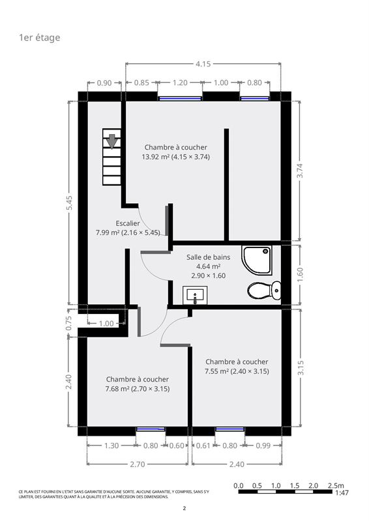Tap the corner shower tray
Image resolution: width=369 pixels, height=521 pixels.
[257, 260]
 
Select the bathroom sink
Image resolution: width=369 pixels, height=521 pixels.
[195, 295]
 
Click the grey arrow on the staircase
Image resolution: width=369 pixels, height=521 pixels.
[112, 141]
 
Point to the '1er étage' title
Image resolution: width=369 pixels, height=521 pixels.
[40, 38]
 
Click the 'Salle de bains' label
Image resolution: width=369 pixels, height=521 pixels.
[208, 257]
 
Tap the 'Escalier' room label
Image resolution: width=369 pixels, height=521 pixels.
[128, 223]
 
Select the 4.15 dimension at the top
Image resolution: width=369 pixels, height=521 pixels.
[203, 63]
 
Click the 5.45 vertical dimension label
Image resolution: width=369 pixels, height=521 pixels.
[69, 203]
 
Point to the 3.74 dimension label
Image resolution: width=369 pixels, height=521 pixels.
[300, 171]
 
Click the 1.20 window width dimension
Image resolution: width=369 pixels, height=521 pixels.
[180, 83]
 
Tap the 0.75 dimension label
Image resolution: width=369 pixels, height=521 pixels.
[68, 322]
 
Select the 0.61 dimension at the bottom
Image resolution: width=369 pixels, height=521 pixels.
[203, 445]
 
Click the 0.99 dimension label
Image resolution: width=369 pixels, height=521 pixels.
[263, 445]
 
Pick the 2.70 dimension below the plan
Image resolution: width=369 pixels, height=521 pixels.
[137, 464]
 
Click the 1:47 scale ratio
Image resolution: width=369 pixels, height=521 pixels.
[342, 492]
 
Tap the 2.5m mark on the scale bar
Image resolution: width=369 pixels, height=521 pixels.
[336, 485]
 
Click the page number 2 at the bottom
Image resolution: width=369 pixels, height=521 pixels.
[184, 508]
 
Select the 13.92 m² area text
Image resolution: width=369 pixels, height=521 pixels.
[156, 157]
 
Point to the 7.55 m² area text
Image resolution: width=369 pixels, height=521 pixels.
[216, 371]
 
